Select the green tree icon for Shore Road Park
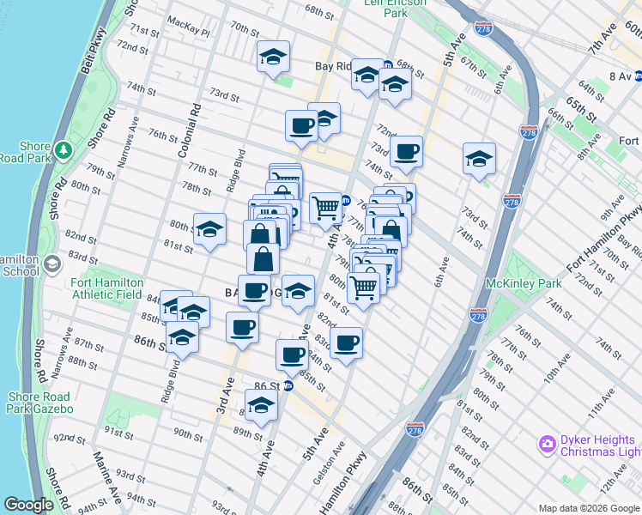pos(63,151)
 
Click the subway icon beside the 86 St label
pos(288,385)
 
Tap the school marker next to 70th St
pos(273,58)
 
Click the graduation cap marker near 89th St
pos(261,404)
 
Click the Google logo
pos(29,505)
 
